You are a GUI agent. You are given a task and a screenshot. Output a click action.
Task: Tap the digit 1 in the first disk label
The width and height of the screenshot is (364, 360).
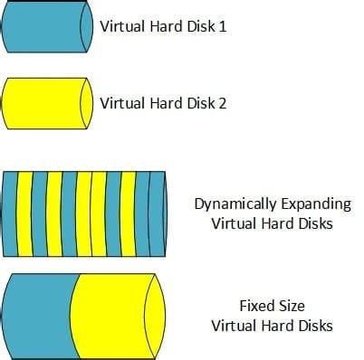click(x=222, y=26)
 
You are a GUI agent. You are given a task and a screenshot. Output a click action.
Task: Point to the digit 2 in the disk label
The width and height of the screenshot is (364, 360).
click(x=222, y=102)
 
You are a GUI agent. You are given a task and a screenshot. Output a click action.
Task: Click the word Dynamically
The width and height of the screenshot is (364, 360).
click(x=232, y=204)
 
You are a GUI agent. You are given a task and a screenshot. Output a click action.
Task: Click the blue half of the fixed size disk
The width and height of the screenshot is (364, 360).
click(x=36, y=314)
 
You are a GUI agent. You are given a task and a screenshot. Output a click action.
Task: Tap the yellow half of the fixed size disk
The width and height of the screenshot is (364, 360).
click(x=113, y=314)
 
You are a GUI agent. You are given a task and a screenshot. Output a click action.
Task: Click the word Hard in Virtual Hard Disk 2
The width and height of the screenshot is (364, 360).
click(x=164, y=102)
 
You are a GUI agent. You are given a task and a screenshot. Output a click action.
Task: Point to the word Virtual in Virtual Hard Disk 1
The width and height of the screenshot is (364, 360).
click(x=121, y=26)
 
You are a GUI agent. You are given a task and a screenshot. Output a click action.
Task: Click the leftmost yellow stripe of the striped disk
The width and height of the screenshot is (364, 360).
click(x=25, y=213)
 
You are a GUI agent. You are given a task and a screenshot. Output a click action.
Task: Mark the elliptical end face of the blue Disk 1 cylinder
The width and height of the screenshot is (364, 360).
click(x=86, y=26)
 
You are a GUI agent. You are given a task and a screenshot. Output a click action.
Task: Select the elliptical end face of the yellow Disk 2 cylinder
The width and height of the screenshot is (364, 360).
click(x=86, y=102)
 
